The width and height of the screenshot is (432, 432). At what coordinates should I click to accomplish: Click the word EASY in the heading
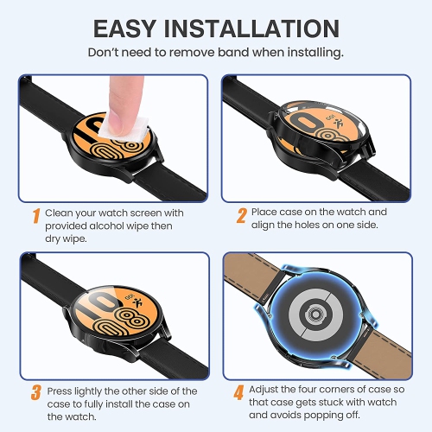click(x=128, y=29)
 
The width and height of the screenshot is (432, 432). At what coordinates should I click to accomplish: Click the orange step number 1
click(x=36, y=213)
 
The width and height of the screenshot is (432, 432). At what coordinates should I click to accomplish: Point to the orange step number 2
click(x=243, y=213)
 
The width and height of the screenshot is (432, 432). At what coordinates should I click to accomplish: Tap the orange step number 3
click(x=36, y=391)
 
